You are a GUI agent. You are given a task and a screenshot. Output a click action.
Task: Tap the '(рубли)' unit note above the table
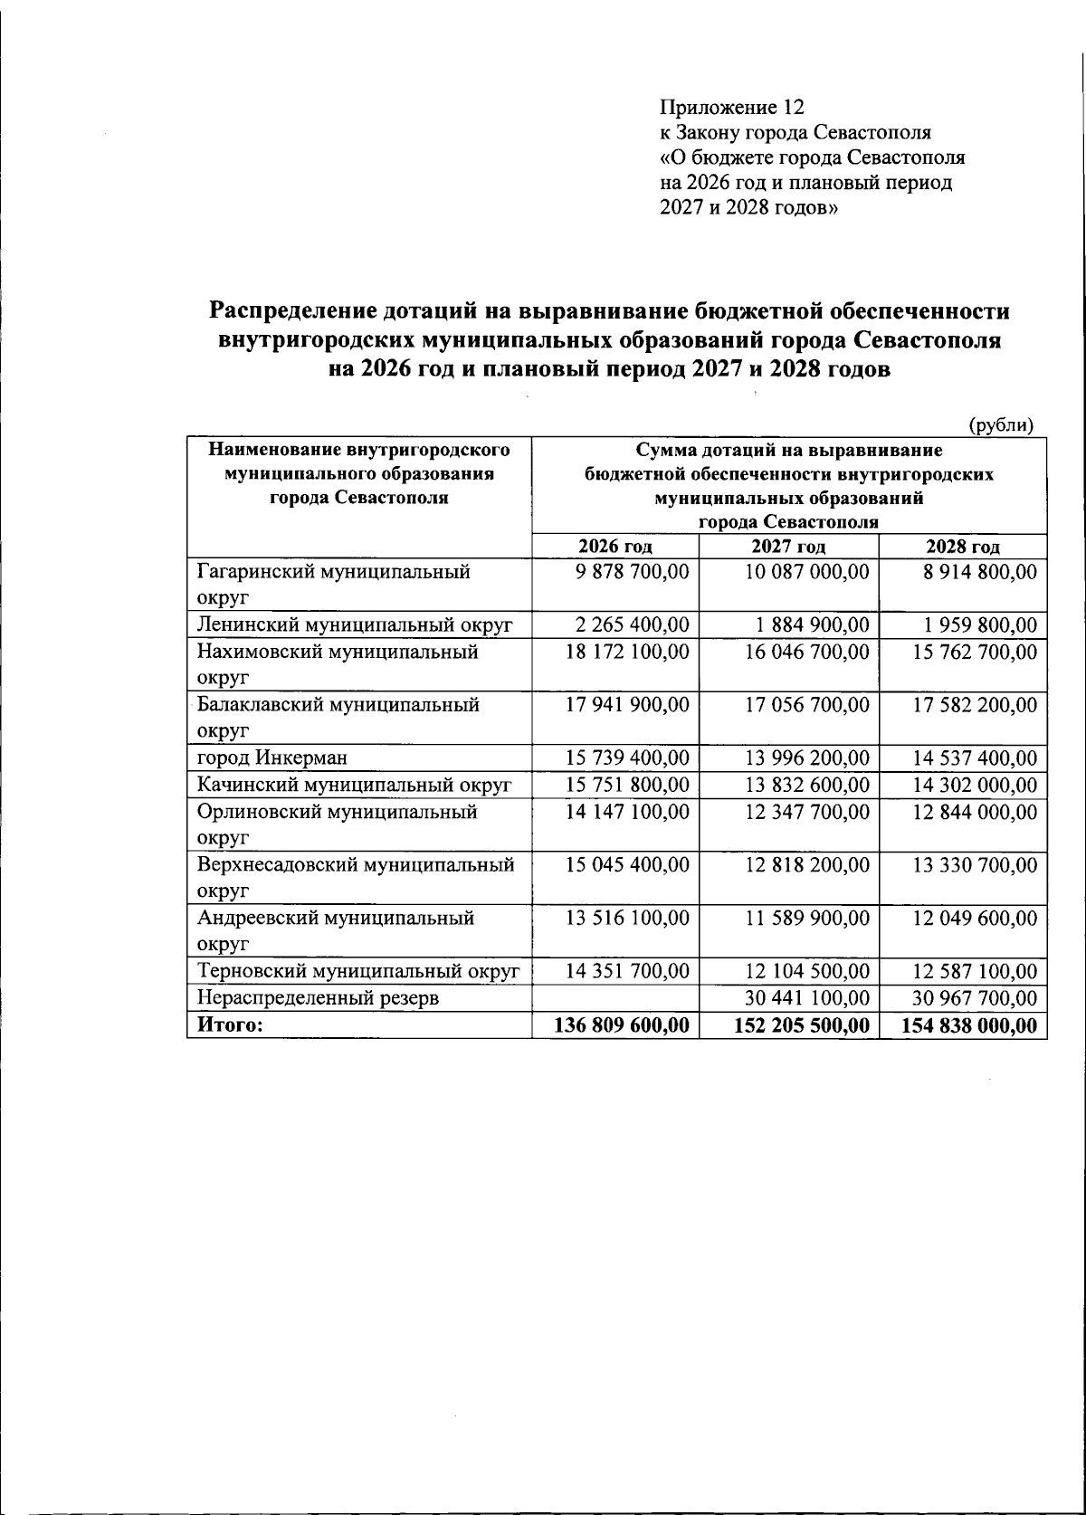point(1001,425)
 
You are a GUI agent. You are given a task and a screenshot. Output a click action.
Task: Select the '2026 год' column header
point(615,547)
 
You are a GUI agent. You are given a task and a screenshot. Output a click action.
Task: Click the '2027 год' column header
point(788,547)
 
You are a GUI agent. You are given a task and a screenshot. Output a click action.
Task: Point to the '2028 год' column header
point(962,547)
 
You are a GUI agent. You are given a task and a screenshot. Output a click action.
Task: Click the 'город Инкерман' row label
point(272,757)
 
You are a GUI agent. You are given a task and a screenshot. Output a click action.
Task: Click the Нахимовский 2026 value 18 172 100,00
point(627,652)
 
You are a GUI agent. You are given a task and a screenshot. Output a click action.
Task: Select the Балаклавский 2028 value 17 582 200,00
point(975,705)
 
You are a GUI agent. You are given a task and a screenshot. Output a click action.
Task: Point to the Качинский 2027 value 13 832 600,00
point(807,785)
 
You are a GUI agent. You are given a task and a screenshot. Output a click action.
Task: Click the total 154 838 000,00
point(970,1024)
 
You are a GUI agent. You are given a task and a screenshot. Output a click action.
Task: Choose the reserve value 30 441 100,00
point(807,998)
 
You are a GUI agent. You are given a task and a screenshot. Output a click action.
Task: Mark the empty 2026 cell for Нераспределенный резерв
point(615,998)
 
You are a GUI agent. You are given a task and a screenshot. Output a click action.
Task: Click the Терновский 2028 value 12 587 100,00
point(975,972)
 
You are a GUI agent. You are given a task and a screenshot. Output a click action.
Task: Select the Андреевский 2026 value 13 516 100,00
point(627,918)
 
